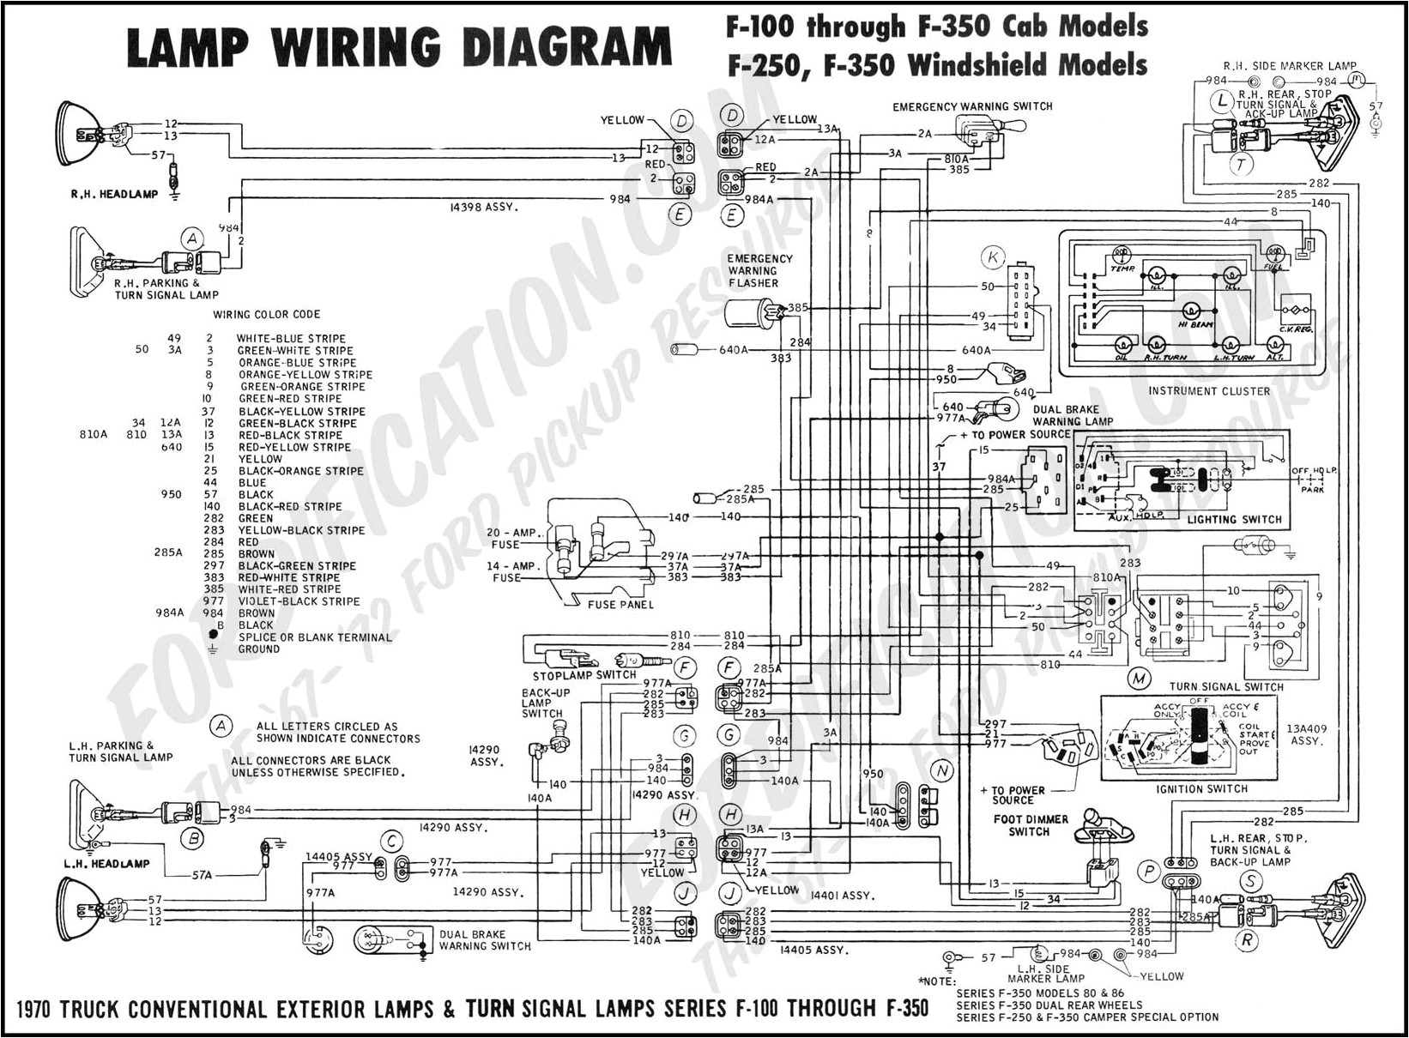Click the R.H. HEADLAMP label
[x=114, y=194]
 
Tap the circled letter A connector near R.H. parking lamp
[x=193, y=238]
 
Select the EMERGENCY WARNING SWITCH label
[x=972, y=106]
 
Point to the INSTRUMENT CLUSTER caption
[x=1208, y=391]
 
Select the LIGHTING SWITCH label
[x=1234, y=519]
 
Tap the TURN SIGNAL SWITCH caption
[x=1226, y=686]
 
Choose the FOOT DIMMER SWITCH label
[x=1031, y=825]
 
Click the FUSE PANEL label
[x=620, y=605]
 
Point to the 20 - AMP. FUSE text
[x=516, y=538]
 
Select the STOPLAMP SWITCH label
[x=584, y=675]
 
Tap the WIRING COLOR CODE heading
[x=267, y=315]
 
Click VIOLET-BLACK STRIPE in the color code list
[x=298, y=601]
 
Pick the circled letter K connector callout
[x=993, y=256]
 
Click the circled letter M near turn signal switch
[x=1138, y=679]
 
